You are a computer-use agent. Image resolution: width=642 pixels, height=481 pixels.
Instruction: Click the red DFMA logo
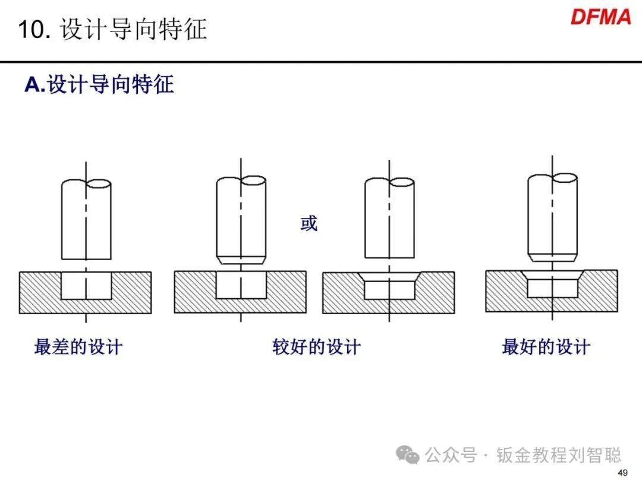click(x=600, y=17)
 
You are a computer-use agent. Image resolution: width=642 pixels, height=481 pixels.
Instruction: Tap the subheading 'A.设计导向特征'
click(x=99, y=85)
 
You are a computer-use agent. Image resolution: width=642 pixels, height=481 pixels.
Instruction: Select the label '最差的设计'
click(x=78, y=347)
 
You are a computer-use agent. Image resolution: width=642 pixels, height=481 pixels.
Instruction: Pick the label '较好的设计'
click(x=316, y=347)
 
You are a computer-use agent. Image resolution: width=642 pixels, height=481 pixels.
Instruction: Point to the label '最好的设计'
click(x=546, y=347)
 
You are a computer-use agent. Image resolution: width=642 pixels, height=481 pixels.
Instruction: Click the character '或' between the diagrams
click(x=309, y=224)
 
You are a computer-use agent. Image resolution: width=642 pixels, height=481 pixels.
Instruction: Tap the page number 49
click(x=623, y=473)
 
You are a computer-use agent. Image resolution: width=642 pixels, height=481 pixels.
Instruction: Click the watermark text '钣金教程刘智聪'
click(x=559, y=455)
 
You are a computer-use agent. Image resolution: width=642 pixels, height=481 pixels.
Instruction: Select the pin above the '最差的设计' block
click(x=86, y=220)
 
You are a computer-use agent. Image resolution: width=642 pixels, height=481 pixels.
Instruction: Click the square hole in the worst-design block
click(x=86, y=285)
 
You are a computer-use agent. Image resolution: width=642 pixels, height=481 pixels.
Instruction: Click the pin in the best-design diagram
click(x=552, y=214)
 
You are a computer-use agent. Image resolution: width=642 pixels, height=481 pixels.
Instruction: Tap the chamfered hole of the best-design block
click(x=553, y=283)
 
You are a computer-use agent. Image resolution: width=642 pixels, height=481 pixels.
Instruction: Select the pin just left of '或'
click(x=240, y=217)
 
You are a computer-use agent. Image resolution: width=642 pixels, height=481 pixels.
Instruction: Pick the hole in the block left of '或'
click(x=240, y=285)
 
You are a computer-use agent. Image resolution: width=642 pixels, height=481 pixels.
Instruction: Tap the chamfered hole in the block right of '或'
click(x=389, y=285)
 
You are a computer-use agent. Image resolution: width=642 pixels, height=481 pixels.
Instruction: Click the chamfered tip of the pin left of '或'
click(x=240, y=260)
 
